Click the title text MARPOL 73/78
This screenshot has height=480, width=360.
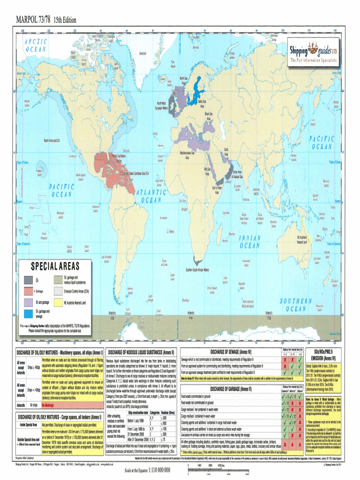[32, 20]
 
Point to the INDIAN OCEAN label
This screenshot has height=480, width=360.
[250, 241]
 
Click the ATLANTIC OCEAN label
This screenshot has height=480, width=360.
[151, 196]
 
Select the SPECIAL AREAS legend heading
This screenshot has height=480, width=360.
[55, 266]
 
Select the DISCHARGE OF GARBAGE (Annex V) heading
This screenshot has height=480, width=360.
[231, 389]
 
